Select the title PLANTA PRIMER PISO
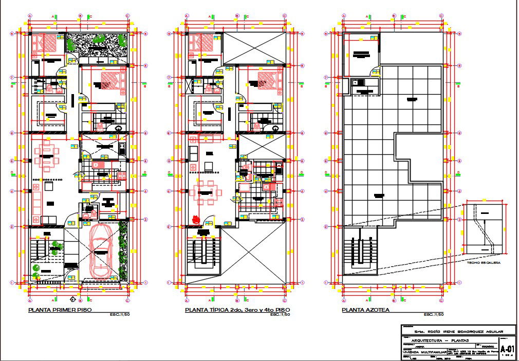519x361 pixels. point(61,310)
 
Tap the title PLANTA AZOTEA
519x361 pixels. point(365,310)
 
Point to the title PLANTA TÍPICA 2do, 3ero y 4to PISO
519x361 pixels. point(237,310)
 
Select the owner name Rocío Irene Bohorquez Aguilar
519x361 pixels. point(451,331)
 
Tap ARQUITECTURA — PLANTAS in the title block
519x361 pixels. point(434,340)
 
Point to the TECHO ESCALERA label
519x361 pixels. point(484,262)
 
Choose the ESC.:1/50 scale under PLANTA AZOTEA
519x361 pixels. point(434,314)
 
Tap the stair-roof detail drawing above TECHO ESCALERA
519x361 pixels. point(483,228)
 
